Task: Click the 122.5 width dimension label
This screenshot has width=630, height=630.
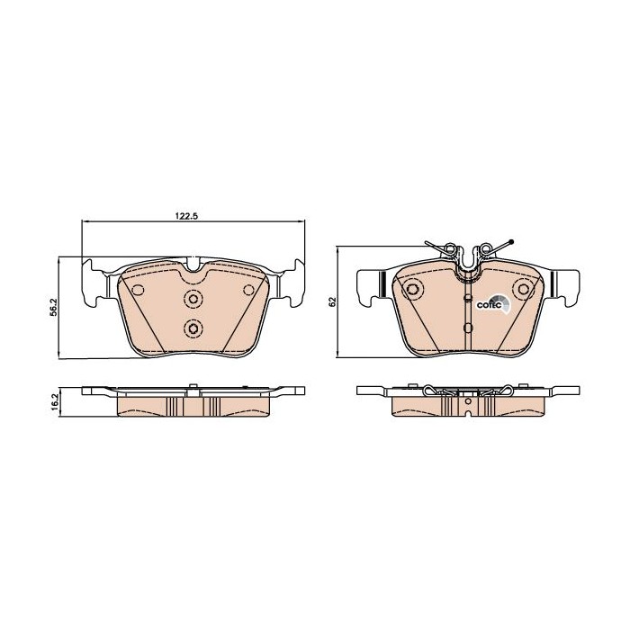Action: pos(187,216)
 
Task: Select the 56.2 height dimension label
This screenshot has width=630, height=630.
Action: pos(54,307)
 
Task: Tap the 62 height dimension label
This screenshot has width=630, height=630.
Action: pos(332,302)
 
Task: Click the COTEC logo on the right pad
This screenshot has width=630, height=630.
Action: pos(492,304)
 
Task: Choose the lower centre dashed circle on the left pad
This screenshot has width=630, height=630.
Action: pos(193,328)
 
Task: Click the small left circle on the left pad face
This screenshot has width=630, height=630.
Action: pos(139,290)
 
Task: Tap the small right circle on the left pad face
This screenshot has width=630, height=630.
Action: pos(249,290)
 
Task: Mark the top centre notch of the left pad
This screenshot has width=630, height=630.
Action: pos(193,265)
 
